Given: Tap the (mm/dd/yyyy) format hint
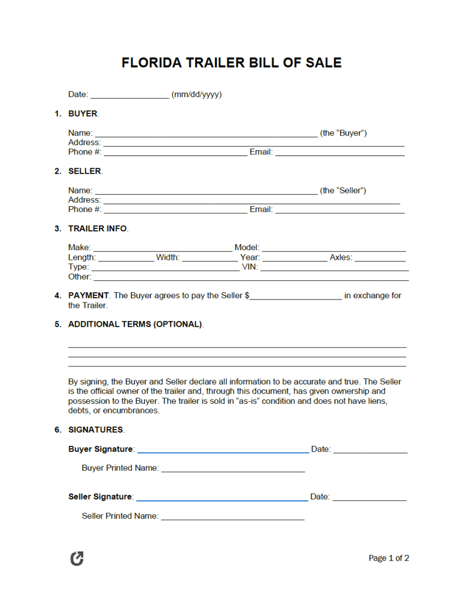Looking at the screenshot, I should [197, 95].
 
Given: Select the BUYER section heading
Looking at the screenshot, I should [83, 113].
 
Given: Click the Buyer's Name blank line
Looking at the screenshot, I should [206, 133].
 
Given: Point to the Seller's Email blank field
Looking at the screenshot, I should [339, 210].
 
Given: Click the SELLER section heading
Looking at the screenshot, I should [84, 171].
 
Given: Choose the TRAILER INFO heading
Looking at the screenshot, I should [97, 228].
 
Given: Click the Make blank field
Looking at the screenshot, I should [163, 248].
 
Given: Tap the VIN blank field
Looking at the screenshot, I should [335, 267].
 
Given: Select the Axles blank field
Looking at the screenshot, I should [380, 258].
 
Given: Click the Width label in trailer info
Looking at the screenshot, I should [168, 258].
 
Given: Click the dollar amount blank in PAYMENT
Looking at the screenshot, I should [296, 296].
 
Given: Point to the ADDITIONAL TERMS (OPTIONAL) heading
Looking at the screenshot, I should [135, 324].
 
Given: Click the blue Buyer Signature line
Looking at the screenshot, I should [223, 450].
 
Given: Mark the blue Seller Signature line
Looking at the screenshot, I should [222, 497].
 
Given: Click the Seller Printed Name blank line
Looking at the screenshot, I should [233, 516].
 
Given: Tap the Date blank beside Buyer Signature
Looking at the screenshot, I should [370, 450].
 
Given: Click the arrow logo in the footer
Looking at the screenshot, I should [77, 559].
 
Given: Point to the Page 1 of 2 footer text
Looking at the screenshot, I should [389, 559].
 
